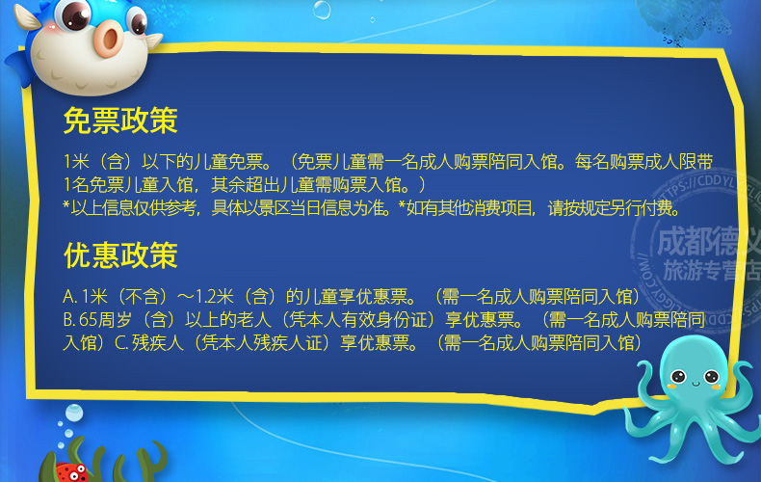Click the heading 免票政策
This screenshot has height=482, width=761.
tap(120, 120)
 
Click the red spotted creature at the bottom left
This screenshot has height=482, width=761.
tap(68, 470)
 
